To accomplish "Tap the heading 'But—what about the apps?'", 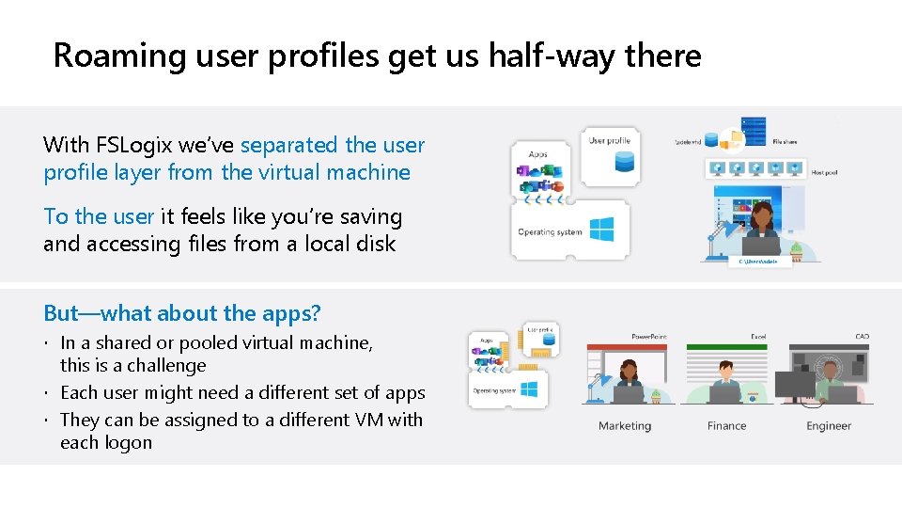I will click(182, 313).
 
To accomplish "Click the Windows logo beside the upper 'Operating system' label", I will click(601, 230).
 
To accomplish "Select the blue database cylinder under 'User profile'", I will click(624, 162).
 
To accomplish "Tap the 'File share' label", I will click(785, 142).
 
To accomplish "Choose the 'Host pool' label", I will click(823, 173).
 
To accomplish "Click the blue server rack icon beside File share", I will click(754, 131).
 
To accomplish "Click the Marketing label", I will click(625, 426).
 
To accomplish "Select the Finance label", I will click(726, 426).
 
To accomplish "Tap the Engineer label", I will click(829, 426).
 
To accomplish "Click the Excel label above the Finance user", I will click(757, 337).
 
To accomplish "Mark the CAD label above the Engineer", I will click(862, 337).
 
